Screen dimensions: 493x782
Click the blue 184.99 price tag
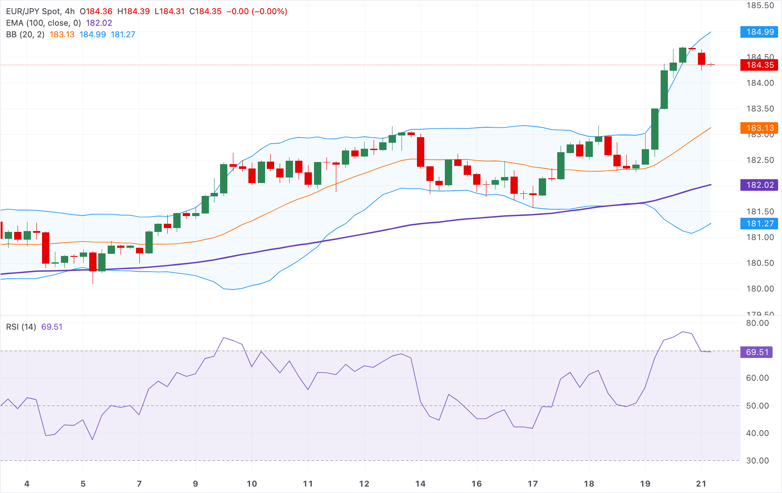[759, 32]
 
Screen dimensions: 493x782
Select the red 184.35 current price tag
[759, 65]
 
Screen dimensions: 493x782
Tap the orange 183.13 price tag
[759, 128]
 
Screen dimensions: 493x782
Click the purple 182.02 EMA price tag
[759, 185]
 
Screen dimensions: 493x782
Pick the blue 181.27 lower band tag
[759, 224]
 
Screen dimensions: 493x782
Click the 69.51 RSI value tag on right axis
[757, 352]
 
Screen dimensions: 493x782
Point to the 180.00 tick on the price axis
[760, 289]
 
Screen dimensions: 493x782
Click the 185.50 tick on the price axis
[760, 6]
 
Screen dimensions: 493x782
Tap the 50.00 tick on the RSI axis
[757, 406]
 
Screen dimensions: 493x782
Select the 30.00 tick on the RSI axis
[757, 461]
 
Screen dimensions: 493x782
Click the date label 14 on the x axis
[420, 484]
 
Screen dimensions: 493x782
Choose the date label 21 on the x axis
[701, 484]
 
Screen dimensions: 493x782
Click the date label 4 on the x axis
[27, 484]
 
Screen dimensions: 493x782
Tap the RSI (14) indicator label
[21, 327]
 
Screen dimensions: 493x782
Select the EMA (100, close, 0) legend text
[43, 23]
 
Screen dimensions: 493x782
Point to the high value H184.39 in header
[133, 12]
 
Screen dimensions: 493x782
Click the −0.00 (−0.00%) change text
[257, 12]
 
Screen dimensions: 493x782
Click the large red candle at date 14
[421, 152]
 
